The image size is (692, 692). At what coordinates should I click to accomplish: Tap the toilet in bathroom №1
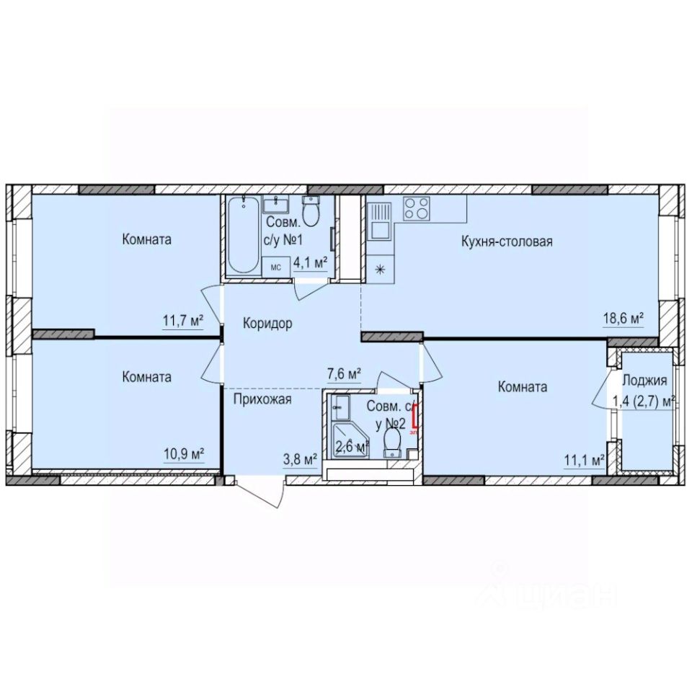point(311,212)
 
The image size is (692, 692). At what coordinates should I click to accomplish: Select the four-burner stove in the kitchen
point(415,208)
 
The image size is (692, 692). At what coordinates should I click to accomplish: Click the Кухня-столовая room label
point(507,241)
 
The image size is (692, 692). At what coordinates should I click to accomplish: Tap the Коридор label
point(267,324)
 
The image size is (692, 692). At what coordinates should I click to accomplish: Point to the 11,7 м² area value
point(182,321)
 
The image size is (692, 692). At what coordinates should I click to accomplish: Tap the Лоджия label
point(644,381)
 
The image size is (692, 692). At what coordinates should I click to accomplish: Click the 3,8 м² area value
point(300,457)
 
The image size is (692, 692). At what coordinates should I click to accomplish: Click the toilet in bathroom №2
point(393,441)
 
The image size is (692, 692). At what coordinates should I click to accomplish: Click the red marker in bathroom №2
point(414,418)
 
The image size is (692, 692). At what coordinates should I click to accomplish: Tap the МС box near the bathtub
point(275,267)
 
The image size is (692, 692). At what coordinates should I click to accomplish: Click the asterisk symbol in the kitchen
point(380,270)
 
